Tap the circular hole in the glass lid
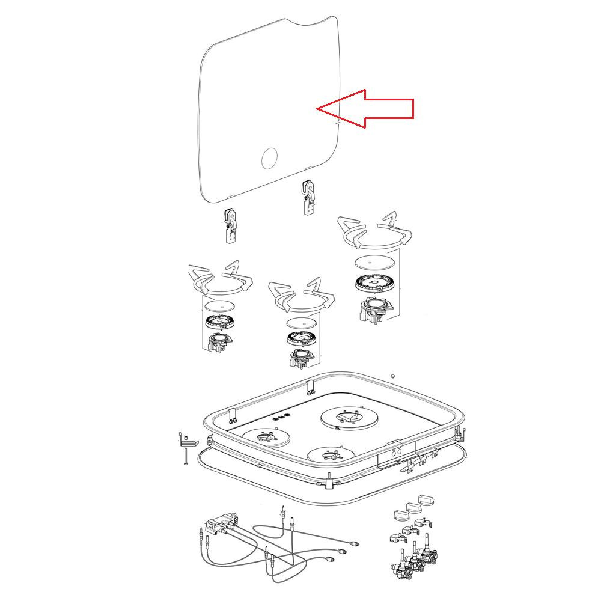pos(270,159)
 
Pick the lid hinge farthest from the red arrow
pos(230,225)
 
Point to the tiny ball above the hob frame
pos(392,376)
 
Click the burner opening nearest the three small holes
pos(265,437)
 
